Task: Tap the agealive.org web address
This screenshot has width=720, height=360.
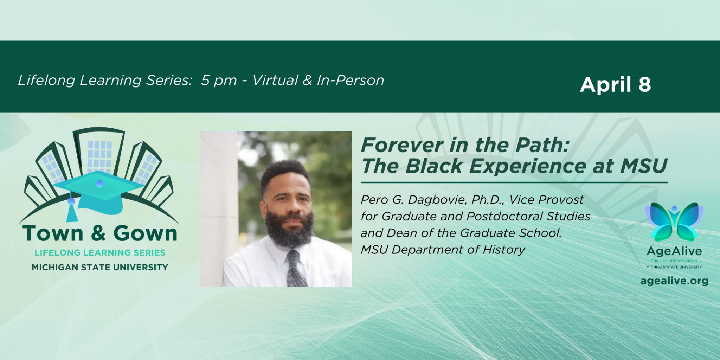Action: (x=674, y=281)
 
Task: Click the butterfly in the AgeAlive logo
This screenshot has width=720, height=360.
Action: (x=674, y=221)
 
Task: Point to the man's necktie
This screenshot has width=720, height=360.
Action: (x=296, y=269)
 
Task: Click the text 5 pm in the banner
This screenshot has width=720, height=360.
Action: (x=219, y=81)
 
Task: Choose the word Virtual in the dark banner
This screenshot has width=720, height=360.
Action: (x=275, y=80)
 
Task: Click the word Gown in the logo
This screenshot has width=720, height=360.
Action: (x=145, y=233)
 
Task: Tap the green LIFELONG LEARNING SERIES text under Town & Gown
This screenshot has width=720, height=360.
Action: (x=100, y=253)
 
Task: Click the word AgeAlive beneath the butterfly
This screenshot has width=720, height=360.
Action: (x=674, y=251)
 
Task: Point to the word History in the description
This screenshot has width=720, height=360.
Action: (x=504, y=250)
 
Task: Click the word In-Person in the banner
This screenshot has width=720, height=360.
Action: (x=351, y=80)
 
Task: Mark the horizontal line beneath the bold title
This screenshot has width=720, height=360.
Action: (x=514, y=182)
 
